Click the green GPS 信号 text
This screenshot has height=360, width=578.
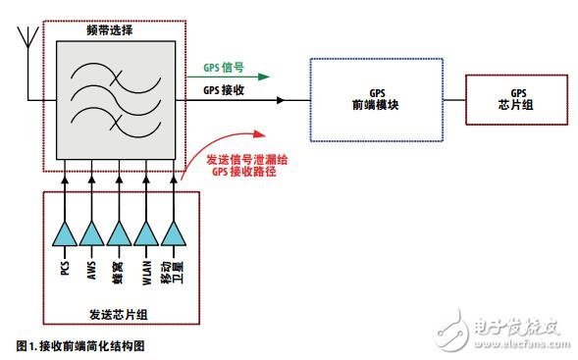tap(223, 69)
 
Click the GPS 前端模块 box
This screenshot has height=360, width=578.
tap(371, 100)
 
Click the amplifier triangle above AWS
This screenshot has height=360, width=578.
tap(92, 232)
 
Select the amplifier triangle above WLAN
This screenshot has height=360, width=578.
tap(147, 232)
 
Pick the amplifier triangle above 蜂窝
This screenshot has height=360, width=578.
tap(120, 232)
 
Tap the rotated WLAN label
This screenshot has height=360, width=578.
tap(147, 271)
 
